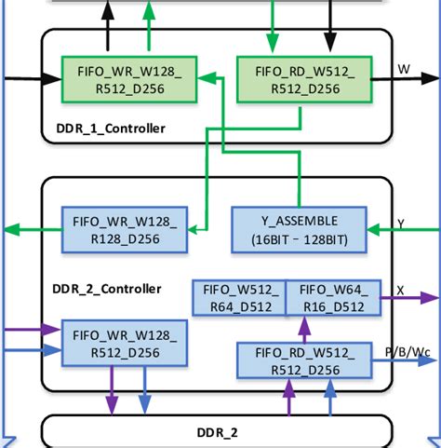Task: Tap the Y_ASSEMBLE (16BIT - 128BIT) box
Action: click(299, 229)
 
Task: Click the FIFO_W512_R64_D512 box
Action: click(238, 298)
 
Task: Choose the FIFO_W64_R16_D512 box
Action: click(333, 298)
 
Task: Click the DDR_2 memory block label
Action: click(216, 433)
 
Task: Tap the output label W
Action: click(404, 69)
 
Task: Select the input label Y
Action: click(400, 224)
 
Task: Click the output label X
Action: click(400, 291)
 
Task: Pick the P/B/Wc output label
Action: click(408, 352)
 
